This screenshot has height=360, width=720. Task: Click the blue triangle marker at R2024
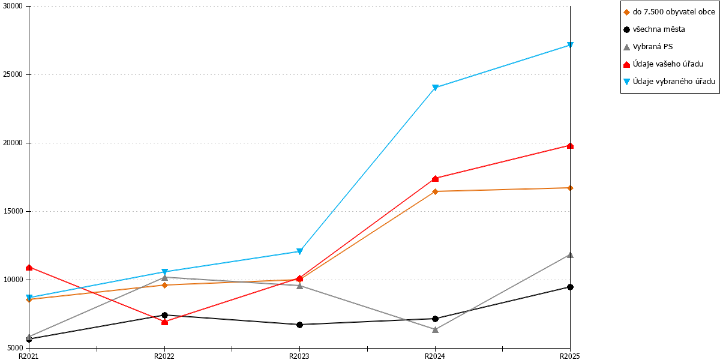[435, 88]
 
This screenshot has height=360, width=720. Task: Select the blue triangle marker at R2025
[570, 45]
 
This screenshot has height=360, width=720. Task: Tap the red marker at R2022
[164, 322]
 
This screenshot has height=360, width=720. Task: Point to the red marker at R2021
[29, 268]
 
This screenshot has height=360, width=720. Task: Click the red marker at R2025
[570, 146]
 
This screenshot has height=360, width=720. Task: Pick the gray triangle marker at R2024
[435, 329]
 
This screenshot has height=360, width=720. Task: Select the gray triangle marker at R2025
[570, 255]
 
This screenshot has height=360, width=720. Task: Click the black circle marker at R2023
[299, 325]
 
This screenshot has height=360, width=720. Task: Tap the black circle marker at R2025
[570, 287]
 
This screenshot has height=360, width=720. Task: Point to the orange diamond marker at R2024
[435, 191]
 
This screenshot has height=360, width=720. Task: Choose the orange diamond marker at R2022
[164, 285]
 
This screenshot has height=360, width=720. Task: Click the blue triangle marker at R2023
[299, 251]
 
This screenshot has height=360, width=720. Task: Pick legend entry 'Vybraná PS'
[648, 47]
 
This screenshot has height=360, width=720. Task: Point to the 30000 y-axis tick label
[13, 6]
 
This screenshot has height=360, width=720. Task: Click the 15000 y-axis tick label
[13, 211]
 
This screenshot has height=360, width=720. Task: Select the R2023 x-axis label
[299, 356]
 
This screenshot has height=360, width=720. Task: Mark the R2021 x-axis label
[29, 356]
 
